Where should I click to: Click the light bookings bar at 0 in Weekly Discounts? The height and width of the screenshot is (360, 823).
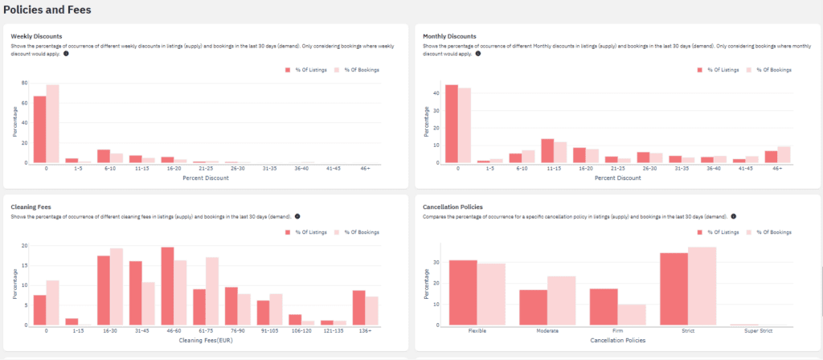tap(52, 124)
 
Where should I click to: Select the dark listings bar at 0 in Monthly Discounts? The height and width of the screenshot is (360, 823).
tap(451, 124)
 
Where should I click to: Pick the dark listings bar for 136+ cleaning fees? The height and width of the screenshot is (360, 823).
tap(358, 307)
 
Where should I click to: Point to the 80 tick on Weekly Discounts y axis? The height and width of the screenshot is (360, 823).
tap(25, 83)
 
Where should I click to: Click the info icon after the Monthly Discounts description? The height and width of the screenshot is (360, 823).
tap(478, 54)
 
